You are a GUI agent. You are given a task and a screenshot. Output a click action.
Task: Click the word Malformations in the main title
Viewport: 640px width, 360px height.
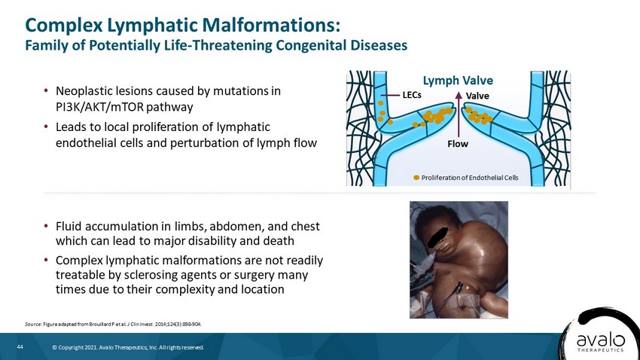pos(271,26)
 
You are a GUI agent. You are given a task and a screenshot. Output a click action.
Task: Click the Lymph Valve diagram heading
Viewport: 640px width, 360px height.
pos(458,81)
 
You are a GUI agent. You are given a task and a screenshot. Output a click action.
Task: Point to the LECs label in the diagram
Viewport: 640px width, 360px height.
pos(412,95)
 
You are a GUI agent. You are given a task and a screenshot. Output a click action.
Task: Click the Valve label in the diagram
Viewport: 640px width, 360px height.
pos(477,96)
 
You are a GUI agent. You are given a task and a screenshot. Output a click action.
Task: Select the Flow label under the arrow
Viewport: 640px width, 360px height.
pos(458,144)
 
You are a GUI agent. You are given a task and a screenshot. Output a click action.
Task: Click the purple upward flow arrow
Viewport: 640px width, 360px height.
pos(459,114)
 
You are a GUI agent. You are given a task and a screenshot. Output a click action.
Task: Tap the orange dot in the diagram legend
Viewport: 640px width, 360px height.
pos(416,178)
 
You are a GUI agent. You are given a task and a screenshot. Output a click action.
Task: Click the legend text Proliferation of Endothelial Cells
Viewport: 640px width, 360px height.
pos(470,178)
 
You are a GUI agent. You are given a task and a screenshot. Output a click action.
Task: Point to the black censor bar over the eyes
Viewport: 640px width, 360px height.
pos(438,238)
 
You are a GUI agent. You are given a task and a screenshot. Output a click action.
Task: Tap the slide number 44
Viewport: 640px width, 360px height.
pos(20,347)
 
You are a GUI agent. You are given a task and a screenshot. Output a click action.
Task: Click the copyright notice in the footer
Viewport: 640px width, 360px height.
pos(128,348)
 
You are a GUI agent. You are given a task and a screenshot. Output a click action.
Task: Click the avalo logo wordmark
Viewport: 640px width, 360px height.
pos(600,340)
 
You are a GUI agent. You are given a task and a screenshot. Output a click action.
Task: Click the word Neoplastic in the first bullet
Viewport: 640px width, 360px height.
pos(84,91)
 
